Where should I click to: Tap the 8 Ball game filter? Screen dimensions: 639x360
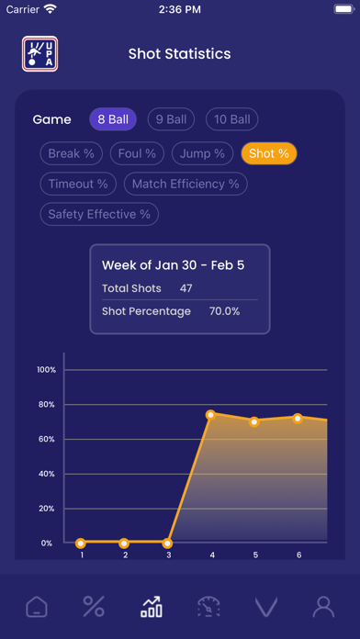(x=113, y=119)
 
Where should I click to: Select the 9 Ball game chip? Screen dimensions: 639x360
(x=172, y=119)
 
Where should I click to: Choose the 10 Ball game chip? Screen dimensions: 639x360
(x=231, y=119)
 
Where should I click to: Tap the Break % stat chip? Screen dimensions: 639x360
(x=72, y=153)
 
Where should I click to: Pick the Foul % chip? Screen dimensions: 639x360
(x=138, y=153)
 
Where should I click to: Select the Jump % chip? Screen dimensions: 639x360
(x=202, y=153)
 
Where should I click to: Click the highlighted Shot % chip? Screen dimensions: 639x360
(x=269, y=153)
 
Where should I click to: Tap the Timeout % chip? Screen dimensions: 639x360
(x=78, y=184)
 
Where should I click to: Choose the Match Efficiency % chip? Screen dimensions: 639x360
(x=185, y=184)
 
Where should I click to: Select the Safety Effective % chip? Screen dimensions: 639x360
(x=98, y=214)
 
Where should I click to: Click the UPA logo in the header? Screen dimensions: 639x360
(x=39, y=54)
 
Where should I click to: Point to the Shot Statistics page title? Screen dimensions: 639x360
(x=180, y=54)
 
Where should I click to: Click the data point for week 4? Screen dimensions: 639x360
(x=211, y=415)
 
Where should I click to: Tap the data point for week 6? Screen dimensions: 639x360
(x=298, y=418)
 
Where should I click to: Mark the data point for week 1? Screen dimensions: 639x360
(x=81, y=543)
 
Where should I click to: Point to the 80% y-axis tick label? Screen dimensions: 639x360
(x=46, y=404)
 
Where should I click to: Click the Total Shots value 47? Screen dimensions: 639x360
(x=186, y=288)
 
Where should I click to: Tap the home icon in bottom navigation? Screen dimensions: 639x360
(x=36, y=606)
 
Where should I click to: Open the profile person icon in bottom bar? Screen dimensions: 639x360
(x=322, y=606)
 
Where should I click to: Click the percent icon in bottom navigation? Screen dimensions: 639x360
(x=93, y=606)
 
